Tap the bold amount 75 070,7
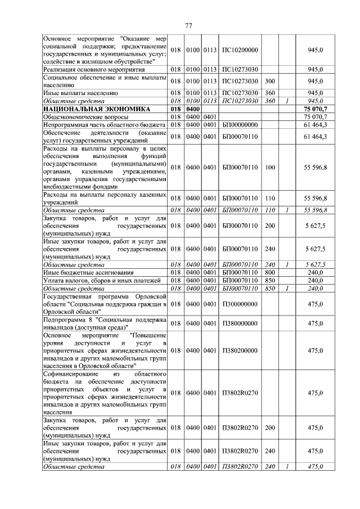315,109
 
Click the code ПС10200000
240,50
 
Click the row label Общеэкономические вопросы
85,116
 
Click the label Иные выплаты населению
80,93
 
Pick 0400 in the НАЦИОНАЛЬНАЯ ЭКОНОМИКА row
193,109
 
